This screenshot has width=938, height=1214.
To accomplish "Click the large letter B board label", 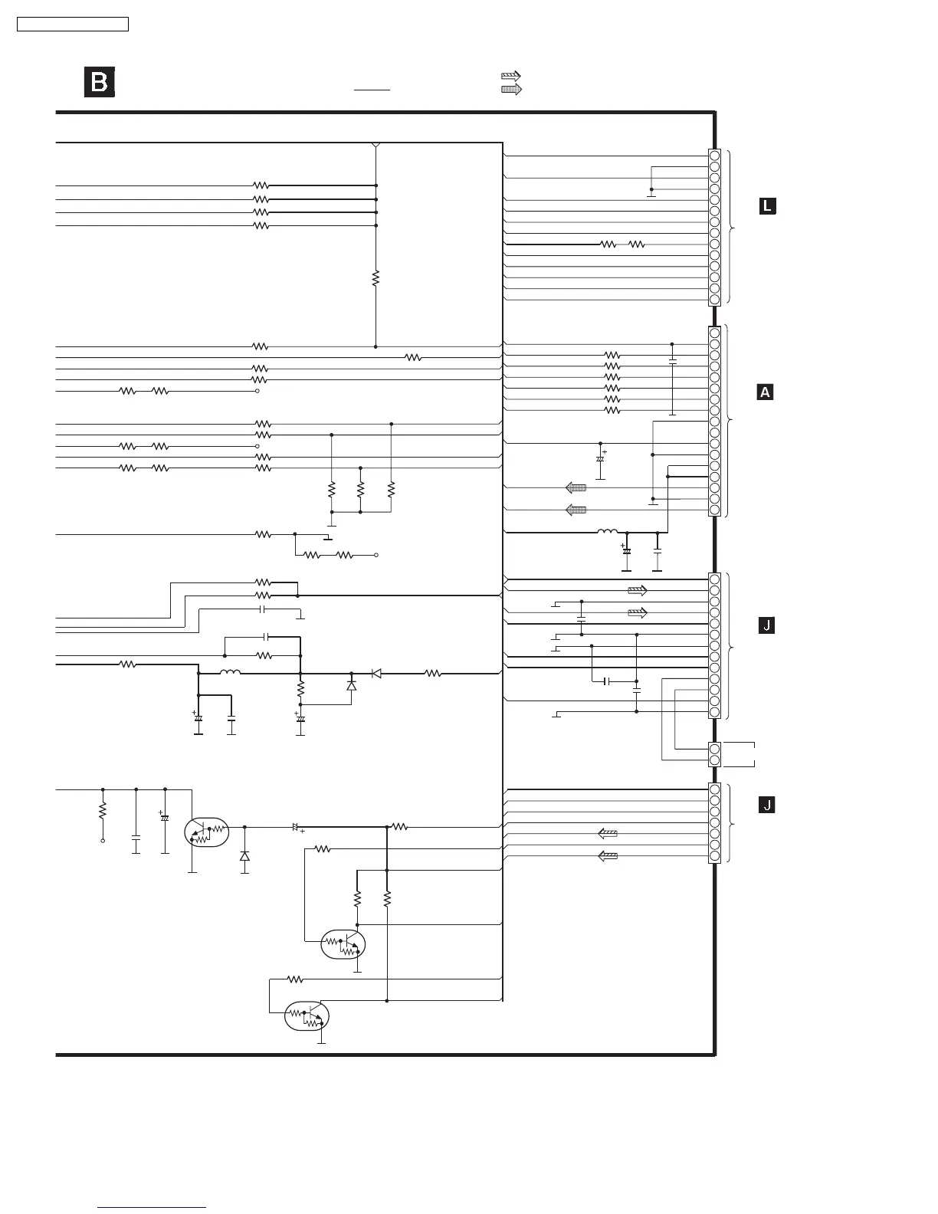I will [x=100, y=83].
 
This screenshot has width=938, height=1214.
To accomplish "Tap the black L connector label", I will [x=767, y=205].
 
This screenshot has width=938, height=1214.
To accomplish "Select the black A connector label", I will [x=765, y=392].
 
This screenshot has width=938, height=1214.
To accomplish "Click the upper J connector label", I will [x=766, y=626].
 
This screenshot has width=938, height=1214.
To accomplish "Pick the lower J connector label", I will [x=766, y=805].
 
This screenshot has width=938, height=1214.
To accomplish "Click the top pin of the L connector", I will [x=714, y=156].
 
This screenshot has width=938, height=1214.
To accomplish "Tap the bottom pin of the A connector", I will [x=714, y=510].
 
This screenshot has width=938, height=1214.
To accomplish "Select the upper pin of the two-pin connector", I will [x=714, y=749].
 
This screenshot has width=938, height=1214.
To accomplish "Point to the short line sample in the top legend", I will [x=372, y=90].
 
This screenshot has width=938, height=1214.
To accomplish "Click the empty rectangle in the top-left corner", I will [x=73, y=25].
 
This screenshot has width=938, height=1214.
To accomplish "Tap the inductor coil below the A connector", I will [x=608, y=531].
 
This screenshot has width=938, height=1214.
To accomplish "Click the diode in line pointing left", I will [x=376, y=674].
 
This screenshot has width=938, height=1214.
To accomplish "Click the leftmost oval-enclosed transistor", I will [x=206, y=832].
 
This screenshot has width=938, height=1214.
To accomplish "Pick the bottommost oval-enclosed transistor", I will [x=307, y=1016].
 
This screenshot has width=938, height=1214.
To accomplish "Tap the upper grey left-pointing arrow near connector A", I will [x=576, y=487].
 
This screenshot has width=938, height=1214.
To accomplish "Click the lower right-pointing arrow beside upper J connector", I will [x=638, y=613].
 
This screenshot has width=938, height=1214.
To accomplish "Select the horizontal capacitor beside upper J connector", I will [x=607, y=681].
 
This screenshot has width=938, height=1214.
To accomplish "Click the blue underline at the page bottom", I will [x=152, y=1208].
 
